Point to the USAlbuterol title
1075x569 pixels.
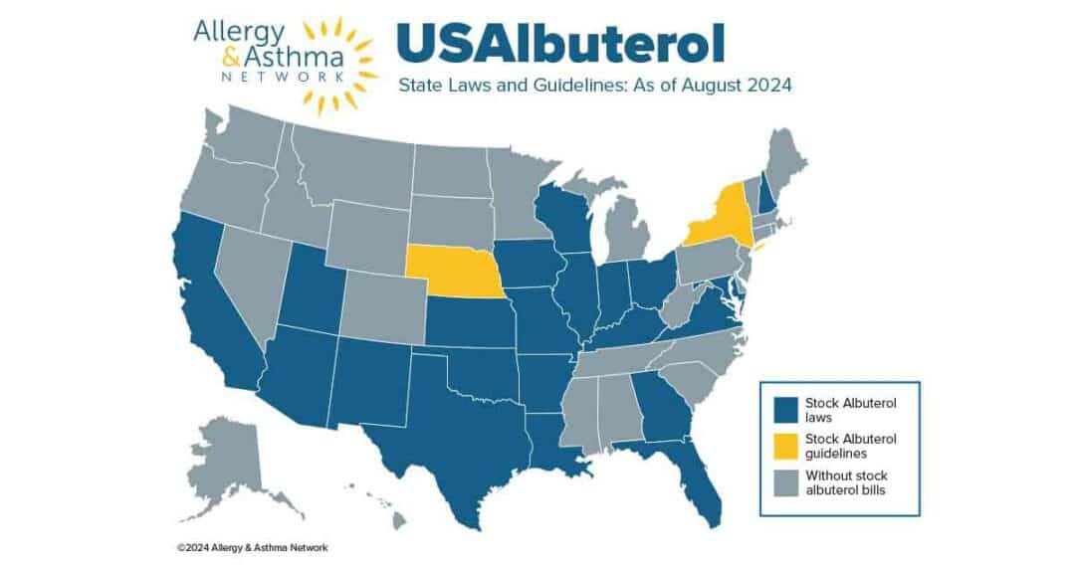(x=560, y=43)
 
